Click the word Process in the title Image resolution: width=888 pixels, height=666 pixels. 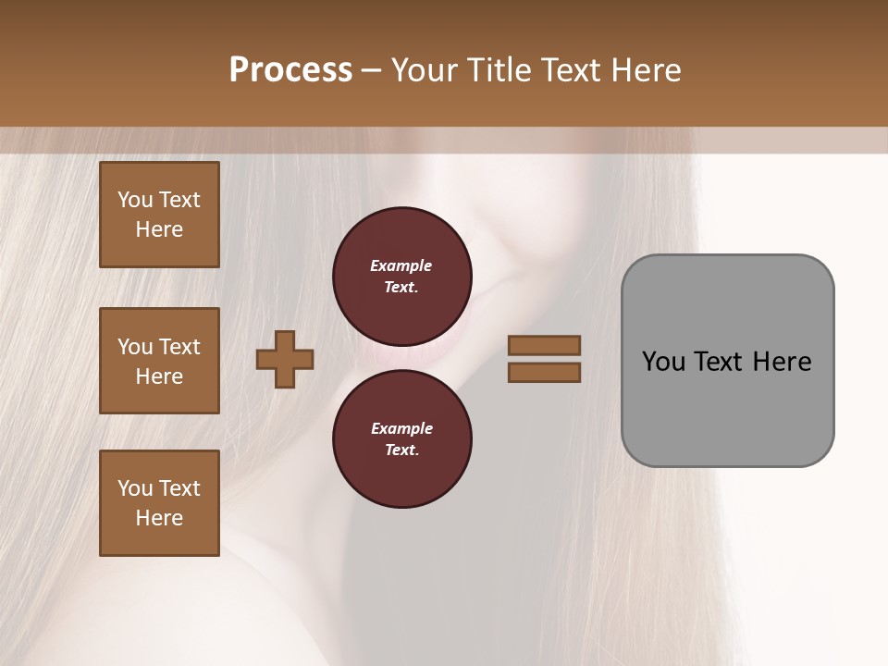click(290, 70)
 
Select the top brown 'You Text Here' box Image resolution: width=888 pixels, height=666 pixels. click(159, 215)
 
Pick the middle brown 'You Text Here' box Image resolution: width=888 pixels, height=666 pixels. click(159, 361)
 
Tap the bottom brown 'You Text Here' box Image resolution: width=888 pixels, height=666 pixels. click(159, 503)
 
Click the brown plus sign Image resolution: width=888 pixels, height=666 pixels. click(285, 359)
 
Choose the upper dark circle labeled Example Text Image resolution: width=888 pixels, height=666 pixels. click(401, 276)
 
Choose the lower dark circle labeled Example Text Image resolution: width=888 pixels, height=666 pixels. click(401, 438)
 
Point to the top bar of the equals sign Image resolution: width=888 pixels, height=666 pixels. click(544, 345)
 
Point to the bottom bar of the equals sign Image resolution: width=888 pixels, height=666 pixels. click(544, 372)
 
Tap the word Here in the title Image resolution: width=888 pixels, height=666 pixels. click(644, 70)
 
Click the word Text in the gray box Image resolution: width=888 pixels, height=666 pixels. click(719, 362)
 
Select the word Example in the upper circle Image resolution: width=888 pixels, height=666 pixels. click(401, 265)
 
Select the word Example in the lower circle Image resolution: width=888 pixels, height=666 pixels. click(401, 428)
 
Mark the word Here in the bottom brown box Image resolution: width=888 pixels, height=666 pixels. click(159, 518)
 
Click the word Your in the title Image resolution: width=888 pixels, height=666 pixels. click(425, 70)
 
